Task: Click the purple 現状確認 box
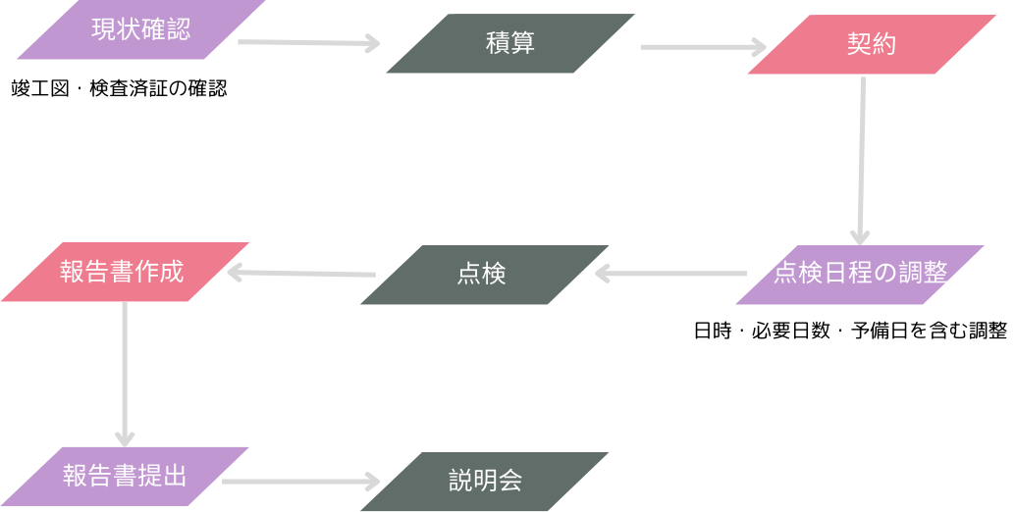141,29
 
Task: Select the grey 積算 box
510,43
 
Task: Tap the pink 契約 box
872,44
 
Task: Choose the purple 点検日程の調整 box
860,274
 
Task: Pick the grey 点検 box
484,274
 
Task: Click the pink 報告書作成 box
125,272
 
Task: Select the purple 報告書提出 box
125,477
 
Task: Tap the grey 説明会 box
484,482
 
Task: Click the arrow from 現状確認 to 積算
309,43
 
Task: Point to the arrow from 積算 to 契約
704,47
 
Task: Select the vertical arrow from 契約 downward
862,161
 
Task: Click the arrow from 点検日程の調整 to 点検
671,274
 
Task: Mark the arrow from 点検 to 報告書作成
301,273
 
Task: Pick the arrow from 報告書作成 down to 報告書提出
125,375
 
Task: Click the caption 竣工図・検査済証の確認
119,88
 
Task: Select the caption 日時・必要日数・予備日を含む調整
850,331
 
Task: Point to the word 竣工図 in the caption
40,88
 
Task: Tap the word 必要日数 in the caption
790,331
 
